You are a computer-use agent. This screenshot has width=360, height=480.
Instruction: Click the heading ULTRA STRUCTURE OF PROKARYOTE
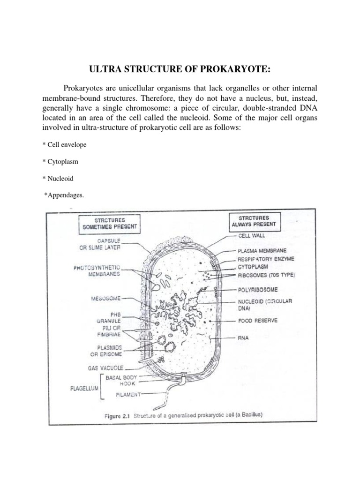(x=180, y=69)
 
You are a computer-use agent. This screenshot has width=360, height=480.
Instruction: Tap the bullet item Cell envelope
(x=64, y=145)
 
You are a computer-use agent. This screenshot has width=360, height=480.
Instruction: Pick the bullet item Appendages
(x=64, y=195)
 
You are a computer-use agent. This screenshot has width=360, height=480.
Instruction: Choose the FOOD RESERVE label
(x=258, y=321)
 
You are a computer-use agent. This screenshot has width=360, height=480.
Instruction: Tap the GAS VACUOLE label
(x=105, y=368)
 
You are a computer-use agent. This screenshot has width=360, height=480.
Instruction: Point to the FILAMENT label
(x=128, y=395)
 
